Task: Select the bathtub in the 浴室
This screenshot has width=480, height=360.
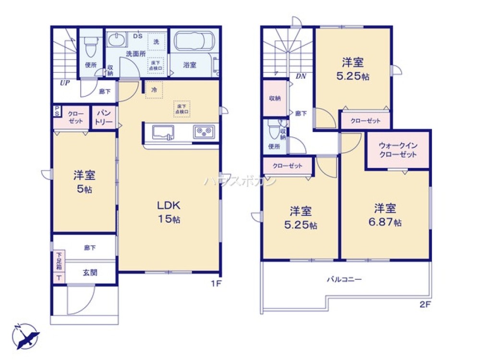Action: pos(193,41)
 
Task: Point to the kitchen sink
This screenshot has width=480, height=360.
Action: pos(164,132)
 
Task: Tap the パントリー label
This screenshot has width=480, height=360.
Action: pos(104,118)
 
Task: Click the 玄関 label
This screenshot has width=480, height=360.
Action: pos(90,273)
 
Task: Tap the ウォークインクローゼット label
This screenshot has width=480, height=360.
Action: pos(397,150)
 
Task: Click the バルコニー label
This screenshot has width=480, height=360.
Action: pos(345,279)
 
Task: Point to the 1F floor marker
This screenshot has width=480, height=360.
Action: pos(216,283)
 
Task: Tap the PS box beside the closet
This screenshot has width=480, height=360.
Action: pos(57,111)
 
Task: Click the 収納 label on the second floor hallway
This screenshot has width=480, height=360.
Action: pos(275,98)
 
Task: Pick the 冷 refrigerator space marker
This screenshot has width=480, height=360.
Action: pos(154,90)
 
